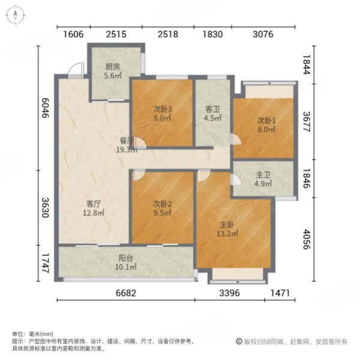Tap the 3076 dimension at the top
[262, 34]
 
